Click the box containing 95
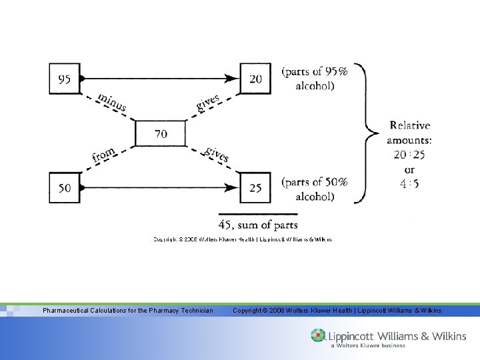(65, 79)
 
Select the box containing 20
(255, 79)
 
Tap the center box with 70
(161, 134)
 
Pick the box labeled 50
(65, 188)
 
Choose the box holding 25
(255, 188)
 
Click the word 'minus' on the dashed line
(111, 102)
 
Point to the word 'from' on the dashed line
(104, 155)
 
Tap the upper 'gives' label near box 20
(208, 103)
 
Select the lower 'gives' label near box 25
(217, 154)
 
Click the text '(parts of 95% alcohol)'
(315, 78)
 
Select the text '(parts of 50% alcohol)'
(315, 189)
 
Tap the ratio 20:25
(409, 155)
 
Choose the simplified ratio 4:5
(409, 183)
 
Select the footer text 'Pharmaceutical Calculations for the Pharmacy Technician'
(128, 311)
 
